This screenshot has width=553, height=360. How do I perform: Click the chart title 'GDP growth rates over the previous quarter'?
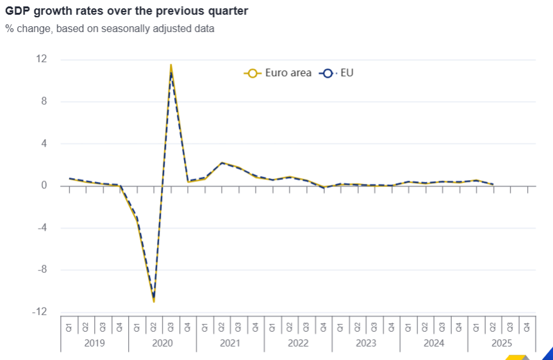[126, 11]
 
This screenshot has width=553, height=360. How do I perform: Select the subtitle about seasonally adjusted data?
[110, 29]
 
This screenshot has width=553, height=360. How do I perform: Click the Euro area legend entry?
[278, 73]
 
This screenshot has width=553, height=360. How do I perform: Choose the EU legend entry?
[336, 73]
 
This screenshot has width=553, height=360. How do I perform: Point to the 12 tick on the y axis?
[42, 59]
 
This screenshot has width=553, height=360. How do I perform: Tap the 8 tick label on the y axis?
[44, 101]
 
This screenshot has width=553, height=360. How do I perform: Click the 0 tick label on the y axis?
[44, 186]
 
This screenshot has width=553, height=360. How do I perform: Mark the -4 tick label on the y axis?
[42, 228]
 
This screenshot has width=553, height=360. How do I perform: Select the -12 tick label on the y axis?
[40, 312]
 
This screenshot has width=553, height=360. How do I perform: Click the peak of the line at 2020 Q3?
[170, 65]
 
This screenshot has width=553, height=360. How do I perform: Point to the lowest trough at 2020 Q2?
[154, 300]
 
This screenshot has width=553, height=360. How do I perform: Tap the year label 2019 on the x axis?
[94, 343]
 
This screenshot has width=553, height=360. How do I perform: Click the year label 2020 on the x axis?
[162, 343]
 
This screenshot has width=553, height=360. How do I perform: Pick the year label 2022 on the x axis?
[298, 343]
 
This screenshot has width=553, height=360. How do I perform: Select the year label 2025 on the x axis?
[502, 343]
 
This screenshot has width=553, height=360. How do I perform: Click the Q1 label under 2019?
[69, 328]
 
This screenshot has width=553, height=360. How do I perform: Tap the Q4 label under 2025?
[527, 328]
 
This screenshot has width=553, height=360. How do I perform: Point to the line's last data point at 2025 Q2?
[493, 184]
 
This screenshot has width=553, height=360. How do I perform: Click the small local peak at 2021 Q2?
[222, 163]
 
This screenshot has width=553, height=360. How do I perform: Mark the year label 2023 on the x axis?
[366, 343]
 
